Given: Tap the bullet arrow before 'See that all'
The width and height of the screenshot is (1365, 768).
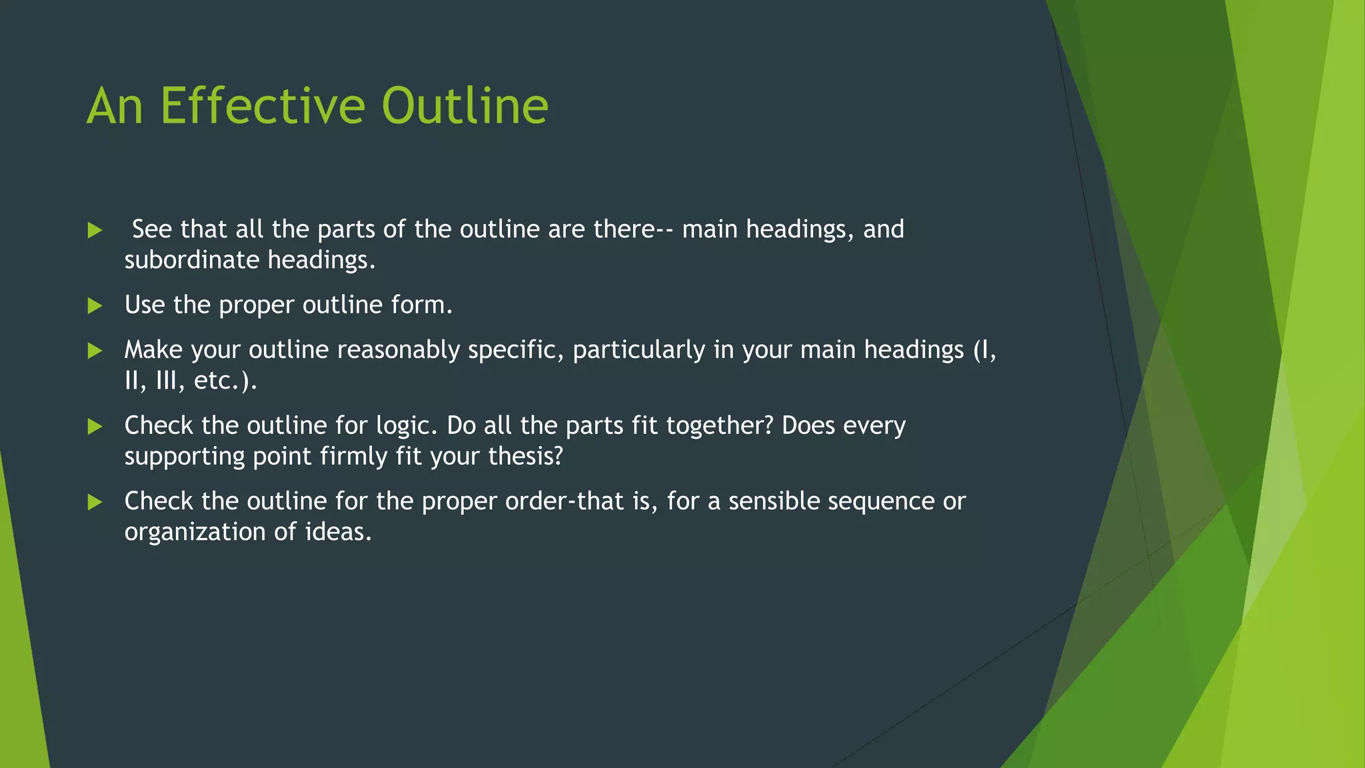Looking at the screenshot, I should click(95, 231).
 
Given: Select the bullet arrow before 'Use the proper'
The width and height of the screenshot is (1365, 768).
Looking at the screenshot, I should click(95, 306).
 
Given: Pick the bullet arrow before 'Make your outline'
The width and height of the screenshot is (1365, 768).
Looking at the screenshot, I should click(95, 351).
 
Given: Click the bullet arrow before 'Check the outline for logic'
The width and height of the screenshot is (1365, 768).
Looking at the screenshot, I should click(95, 427).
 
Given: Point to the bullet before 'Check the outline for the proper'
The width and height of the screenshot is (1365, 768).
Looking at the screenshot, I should click(95, 502).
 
